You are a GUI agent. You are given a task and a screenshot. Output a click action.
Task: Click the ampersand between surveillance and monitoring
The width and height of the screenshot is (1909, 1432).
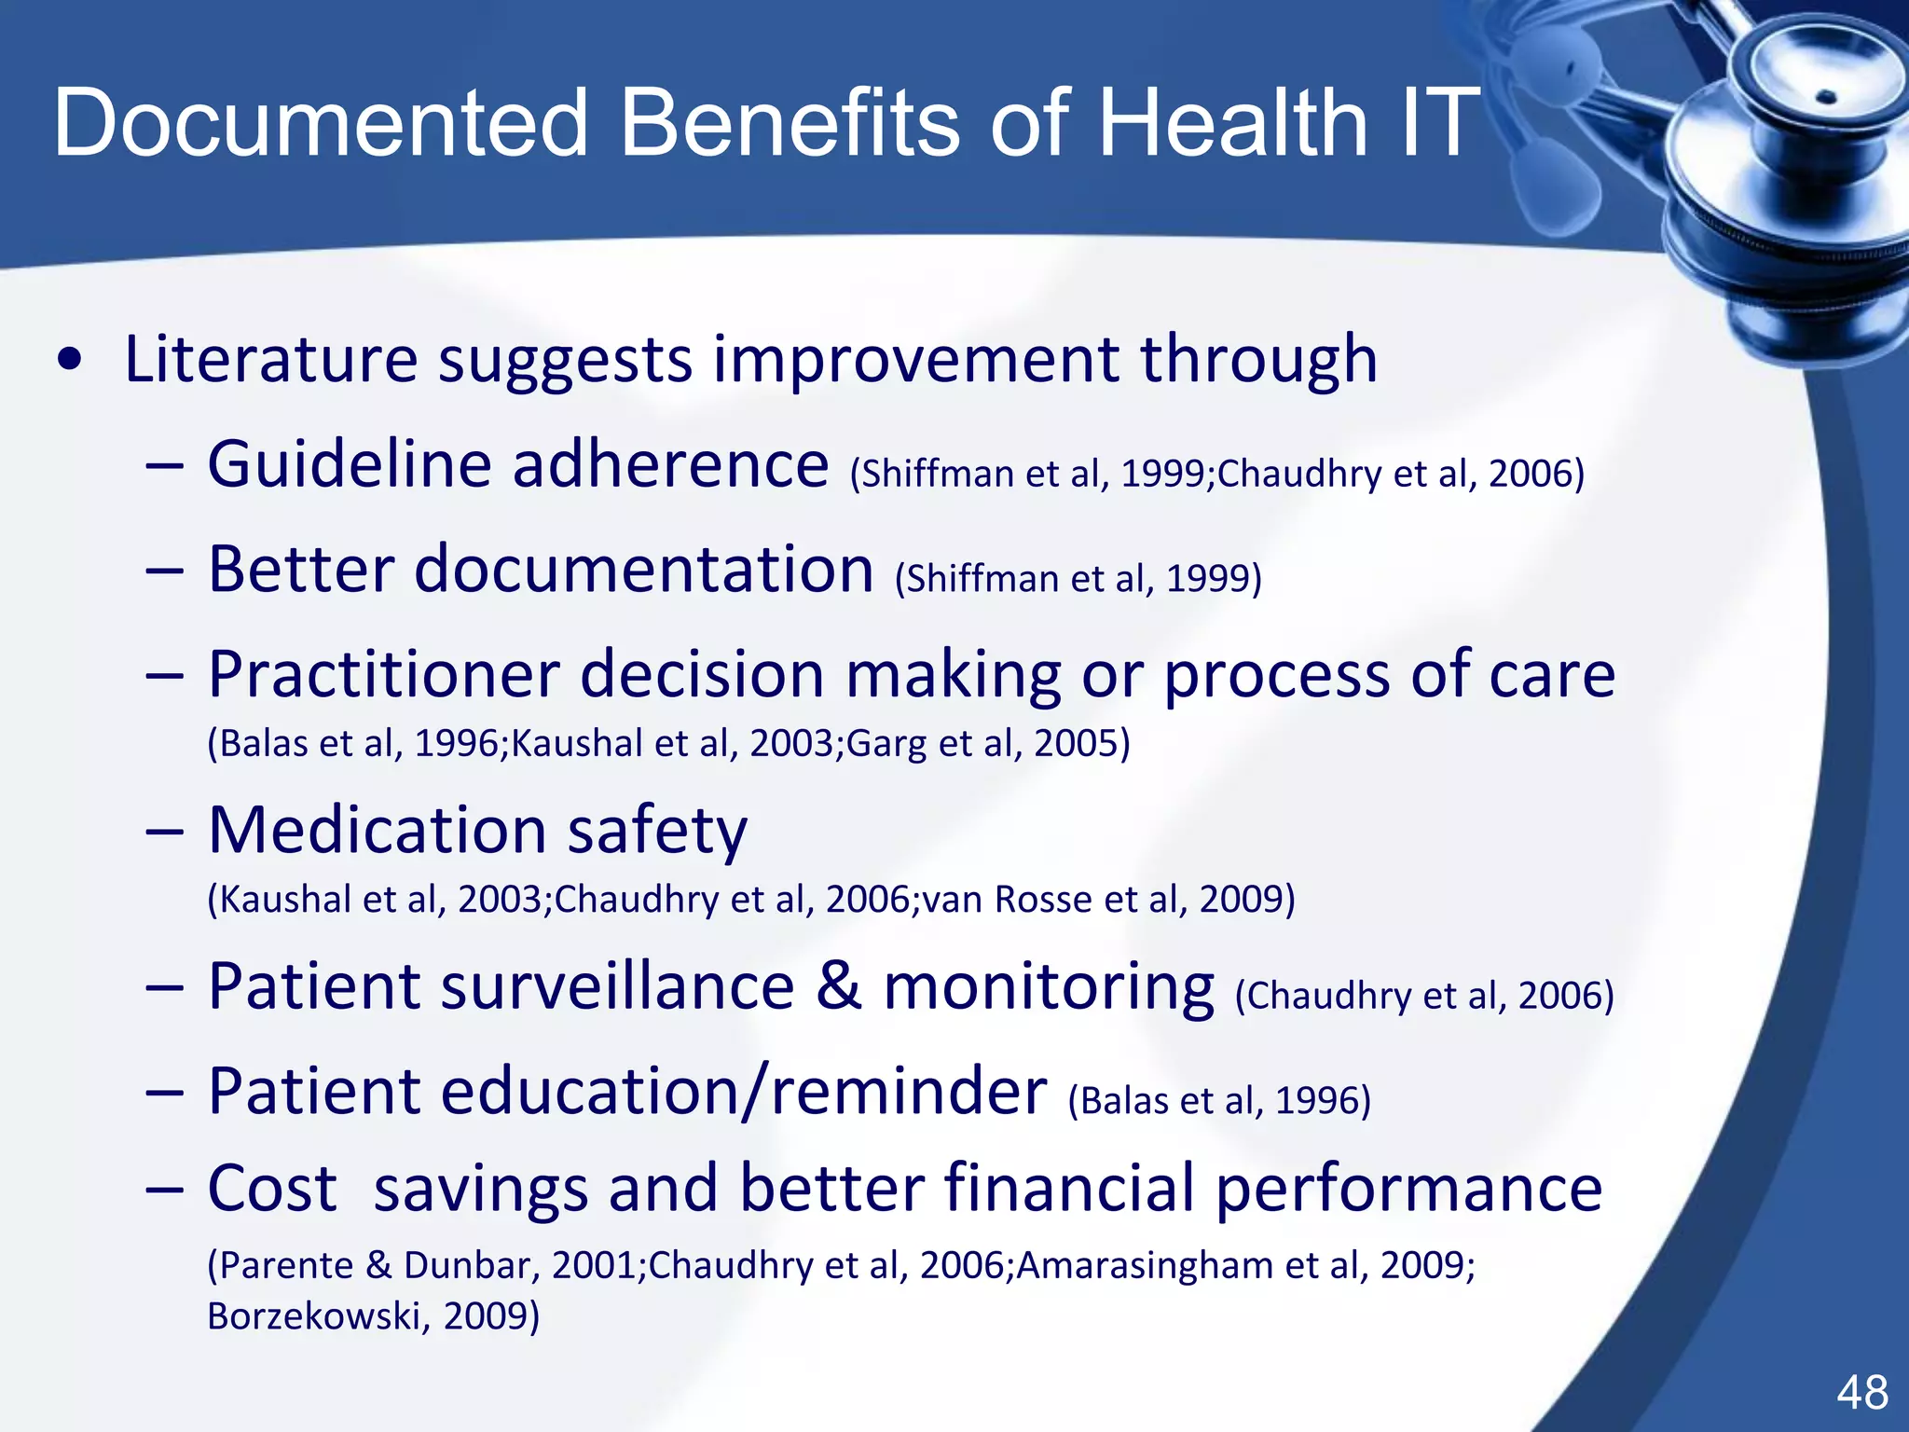pos(838,985)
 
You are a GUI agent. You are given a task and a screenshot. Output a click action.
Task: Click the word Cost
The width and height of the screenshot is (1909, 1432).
pos(271,1189)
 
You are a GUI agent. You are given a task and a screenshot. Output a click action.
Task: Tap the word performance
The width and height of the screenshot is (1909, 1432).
pos(1408,1191)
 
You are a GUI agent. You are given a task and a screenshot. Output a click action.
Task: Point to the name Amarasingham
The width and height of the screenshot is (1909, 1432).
pos(1146,1265)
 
